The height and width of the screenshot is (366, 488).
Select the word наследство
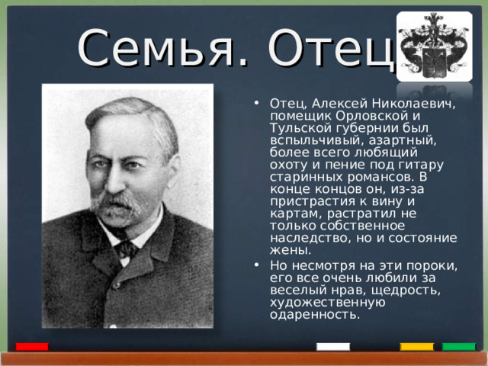[x=308, y=237]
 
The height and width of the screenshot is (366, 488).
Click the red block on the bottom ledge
[x=32, y=347]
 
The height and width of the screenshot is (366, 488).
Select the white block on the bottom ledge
[x=332, y=347]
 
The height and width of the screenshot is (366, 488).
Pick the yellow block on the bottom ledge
[x=416, y=347]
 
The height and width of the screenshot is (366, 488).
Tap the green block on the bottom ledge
[x=458, y=347]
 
